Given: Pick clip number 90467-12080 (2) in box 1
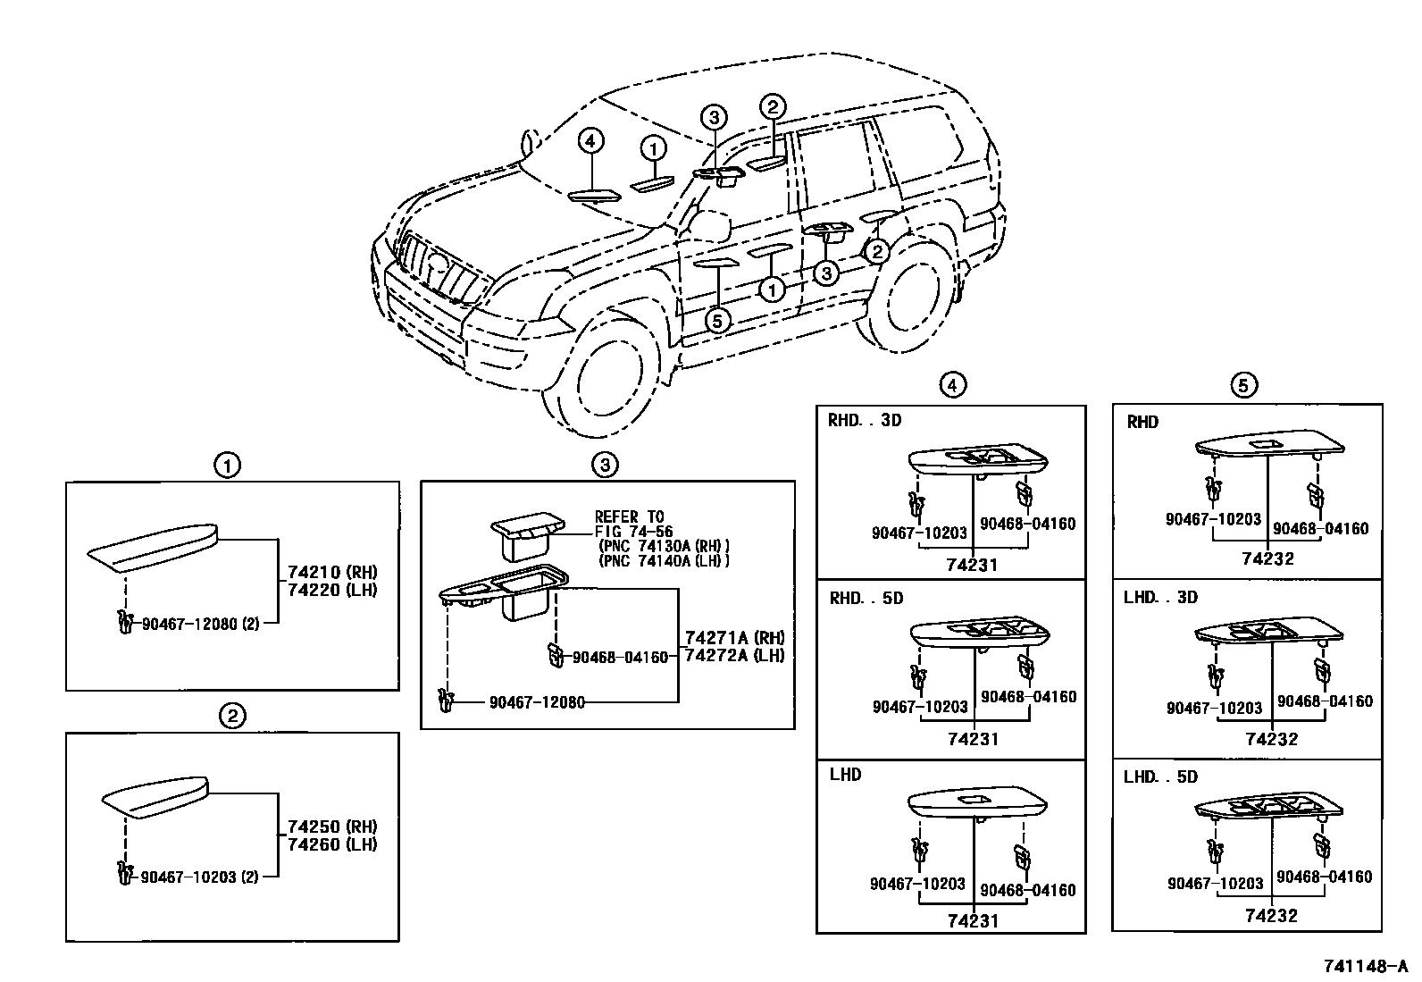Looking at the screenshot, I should [200, 624].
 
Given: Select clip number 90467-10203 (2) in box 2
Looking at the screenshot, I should [200, 877].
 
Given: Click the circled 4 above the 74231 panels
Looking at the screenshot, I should [952, 385].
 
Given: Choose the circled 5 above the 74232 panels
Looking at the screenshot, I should [1243, 385].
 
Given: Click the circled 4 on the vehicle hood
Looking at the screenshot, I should [590, 141].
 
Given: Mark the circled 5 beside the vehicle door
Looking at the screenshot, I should [718, 320].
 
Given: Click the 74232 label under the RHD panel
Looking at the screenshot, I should [1267, 558].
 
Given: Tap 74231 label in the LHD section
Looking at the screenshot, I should [974, 920].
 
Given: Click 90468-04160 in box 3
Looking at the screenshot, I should [620, 658].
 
